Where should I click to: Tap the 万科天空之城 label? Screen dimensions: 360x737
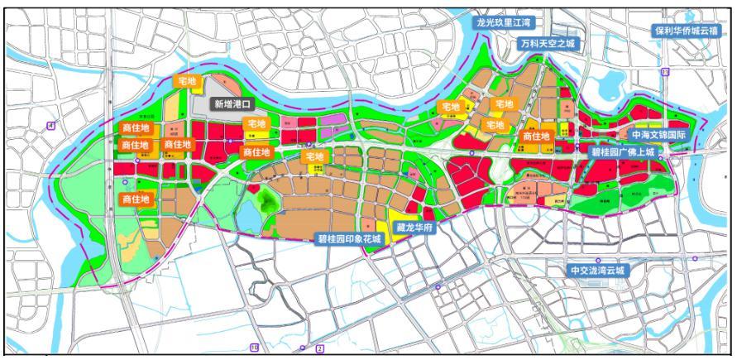[x=546, y=43]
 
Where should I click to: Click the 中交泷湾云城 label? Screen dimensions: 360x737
[x=599, y=271]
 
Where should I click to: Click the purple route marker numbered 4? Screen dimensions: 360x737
[x=51, y=125]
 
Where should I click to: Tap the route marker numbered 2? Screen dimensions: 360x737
[x=319, y=348]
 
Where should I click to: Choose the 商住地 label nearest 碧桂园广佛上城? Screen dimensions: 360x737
[x=537, y=136]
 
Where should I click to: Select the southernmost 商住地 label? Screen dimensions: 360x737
[x=136, y=199]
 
